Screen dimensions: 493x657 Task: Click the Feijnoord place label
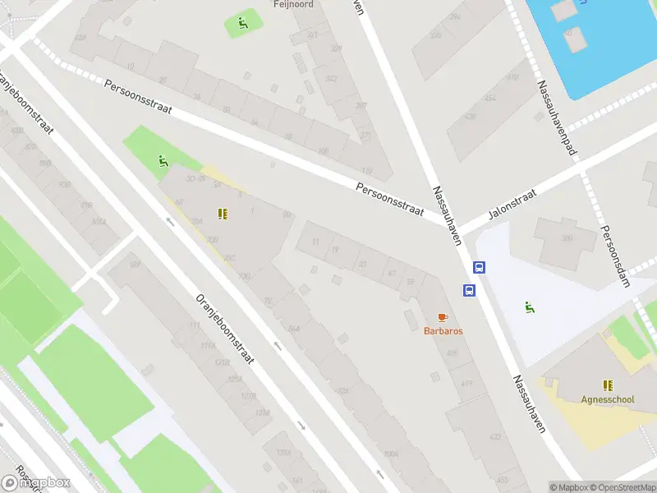[293, 4]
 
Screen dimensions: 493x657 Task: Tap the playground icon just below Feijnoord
[241, 23]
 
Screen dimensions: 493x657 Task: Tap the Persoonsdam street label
[614, 256]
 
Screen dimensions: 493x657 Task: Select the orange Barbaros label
[443, 330]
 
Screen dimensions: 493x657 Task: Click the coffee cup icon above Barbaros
[443, 316]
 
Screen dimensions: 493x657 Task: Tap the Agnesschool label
[607, 400]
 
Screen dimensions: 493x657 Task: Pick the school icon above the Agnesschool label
[608, 385]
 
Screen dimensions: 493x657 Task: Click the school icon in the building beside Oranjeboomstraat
[223, 214]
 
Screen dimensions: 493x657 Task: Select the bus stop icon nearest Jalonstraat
[480, 267]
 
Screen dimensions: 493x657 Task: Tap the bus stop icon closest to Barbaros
[469, 290]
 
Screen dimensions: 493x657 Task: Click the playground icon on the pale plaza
[530, 308]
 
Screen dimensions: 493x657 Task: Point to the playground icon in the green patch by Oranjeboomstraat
[163, 160]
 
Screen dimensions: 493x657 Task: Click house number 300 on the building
[567, 238]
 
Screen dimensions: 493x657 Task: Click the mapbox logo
[35, 482]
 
